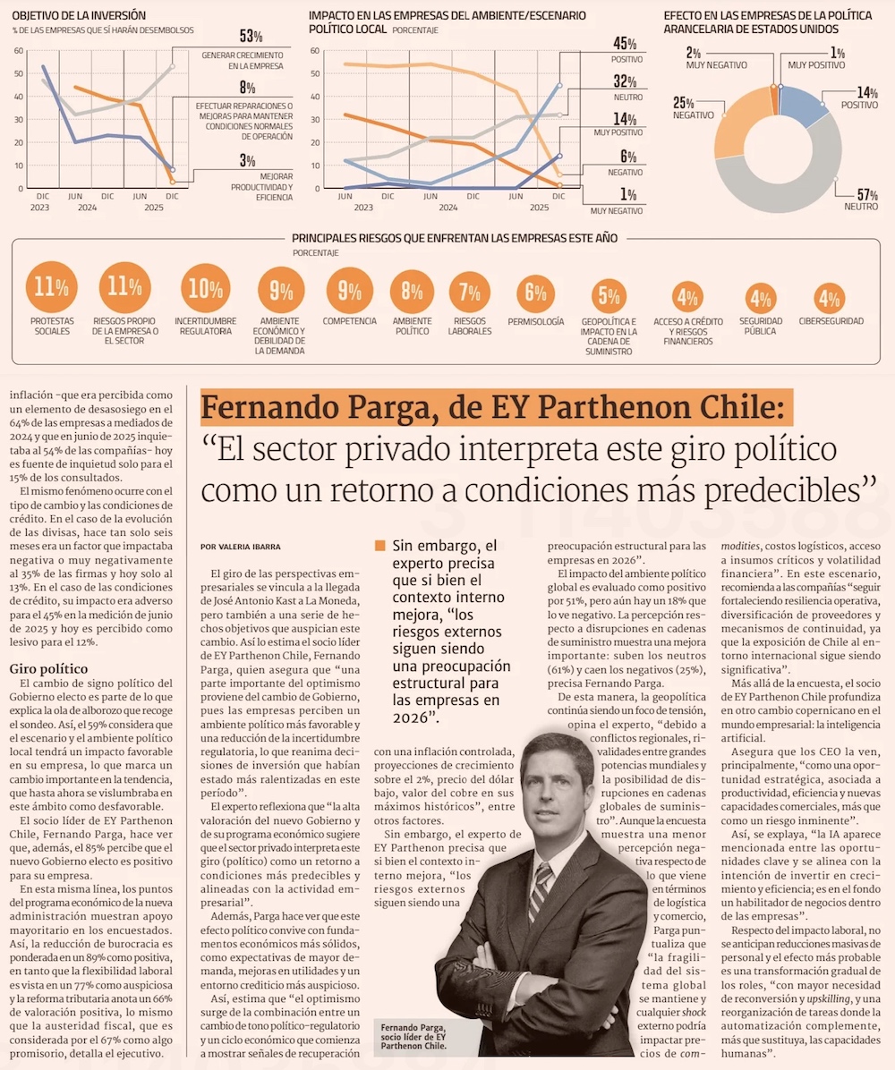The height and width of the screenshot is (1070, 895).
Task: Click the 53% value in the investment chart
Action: (x=251, y=37)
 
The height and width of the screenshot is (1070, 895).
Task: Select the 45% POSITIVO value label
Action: (x=624, y=44)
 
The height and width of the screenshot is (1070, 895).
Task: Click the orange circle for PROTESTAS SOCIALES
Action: (x=50, y=287)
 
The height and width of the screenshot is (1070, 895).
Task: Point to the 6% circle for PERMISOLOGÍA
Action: (x=535, y=292)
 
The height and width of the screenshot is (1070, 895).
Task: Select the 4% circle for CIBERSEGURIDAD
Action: (x=830, y=299)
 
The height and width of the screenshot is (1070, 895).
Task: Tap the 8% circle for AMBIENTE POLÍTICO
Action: (x=412, y=291)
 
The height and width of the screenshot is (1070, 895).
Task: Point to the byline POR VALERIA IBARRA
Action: (x=240, y=546)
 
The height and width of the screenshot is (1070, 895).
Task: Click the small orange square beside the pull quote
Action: (x=380, y=545)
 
